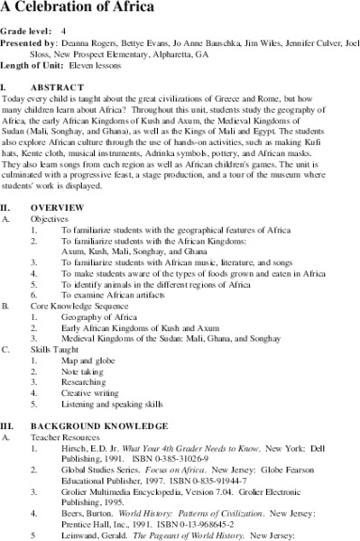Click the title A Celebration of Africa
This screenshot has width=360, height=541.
69,8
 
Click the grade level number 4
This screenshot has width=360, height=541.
64,27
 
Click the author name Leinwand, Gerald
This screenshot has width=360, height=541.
99,535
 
